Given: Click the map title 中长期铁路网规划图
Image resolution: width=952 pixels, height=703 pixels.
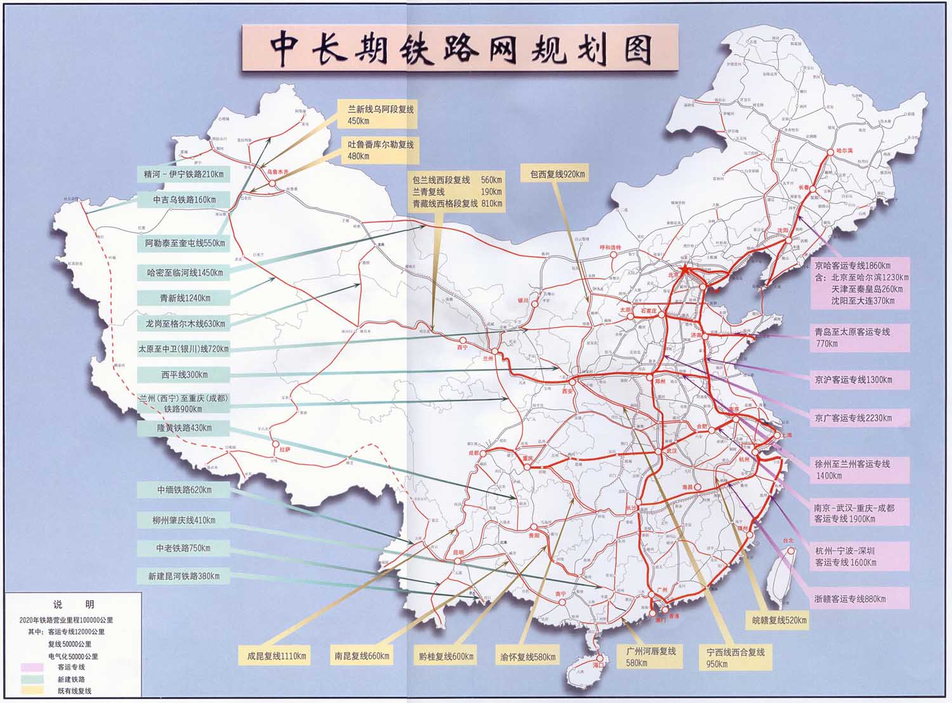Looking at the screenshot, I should click(x=459, y=48).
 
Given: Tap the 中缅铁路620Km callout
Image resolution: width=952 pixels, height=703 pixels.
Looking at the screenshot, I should click(x=184, y=490).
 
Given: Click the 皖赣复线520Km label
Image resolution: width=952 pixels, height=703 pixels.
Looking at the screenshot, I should click(x=776, y=620).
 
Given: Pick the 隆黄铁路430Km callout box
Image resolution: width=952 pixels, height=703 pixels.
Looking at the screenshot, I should click(x=184, y=428).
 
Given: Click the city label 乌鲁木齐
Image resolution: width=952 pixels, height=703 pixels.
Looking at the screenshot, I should click(x=277, y=171).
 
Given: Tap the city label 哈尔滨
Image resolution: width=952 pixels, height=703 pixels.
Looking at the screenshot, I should click(x=842, y=150).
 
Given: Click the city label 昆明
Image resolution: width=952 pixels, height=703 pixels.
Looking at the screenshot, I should click(x=458, y=553).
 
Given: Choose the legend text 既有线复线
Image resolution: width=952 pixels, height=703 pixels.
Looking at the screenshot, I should click(x=75, y=690).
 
